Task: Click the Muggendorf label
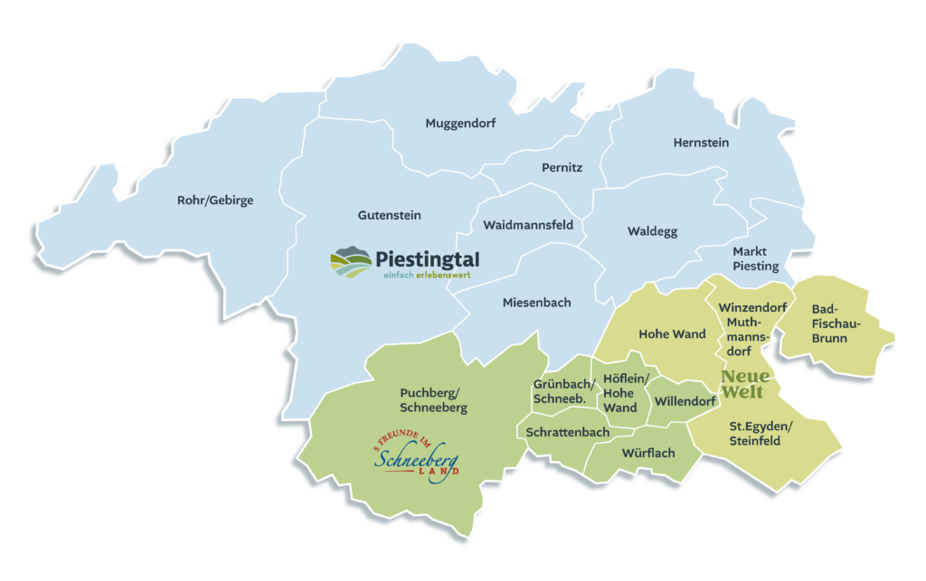[x=460, y=124]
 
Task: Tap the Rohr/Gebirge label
[x=215, y=201]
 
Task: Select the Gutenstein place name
[x=390, y=215]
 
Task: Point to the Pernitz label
[x=562, y=168]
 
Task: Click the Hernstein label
[x=701, y=143]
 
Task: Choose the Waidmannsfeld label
[x=528, y=224]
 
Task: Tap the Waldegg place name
[x=652, y=231]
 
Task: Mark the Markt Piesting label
[x=755, y=258]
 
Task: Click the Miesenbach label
[x=536, y=303]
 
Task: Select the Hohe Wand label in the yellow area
[x=672, y=334]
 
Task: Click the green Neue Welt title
[x=745, y=384]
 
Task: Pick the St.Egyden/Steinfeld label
[x=761, y=434]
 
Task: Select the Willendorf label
[x=685, y=400]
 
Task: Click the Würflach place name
[x=647, y=453]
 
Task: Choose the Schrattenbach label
[x=568, y=433]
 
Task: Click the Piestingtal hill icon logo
[x=351, y=263]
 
